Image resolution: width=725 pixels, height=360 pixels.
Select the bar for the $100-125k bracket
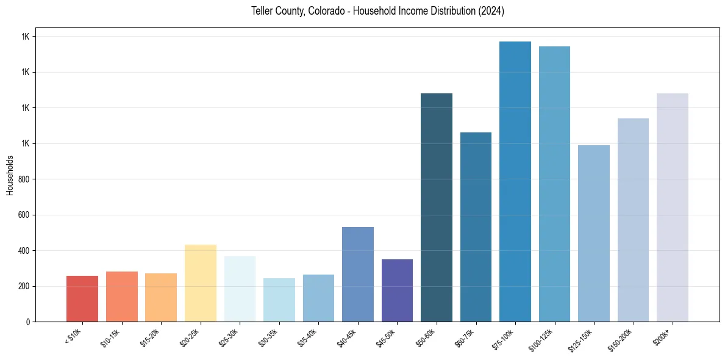point(554,184)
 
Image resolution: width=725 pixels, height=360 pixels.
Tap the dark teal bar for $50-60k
point(437,207)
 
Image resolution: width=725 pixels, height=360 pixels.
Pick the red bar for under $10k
point(82,298)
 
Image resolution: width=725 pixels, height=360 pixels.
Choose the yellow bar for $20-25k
point(201,283)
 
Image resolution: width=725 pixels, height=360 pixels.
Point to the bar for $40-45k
point(358,274)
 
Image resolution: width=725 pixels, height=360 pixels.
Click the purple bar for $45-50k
point(397,290)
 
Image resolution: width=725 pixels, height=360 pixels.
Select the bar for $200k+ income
point(673,207)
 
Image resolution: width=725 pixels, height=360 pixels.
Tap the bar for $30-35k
point(279,300)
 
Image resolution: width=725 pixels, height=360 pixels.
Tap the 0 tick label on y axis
point(28,322)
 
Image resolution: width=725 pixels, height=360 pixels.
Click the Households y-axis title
point(10,175)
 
